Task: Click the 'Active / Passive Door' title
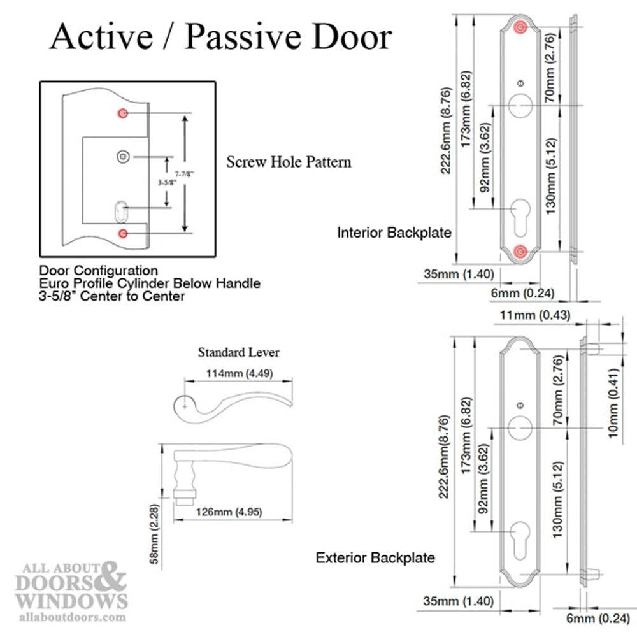point(220,38)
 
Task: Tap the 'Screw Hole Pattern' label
point(289,162)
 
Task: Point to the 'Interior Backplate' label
point(394,233)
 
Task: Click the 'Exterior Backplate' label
point(375,558)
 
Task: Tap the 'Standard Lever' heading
point(238,352)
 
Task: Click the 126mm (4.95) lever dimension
point(230,512)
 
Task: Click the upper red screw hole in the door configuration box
point(123,113)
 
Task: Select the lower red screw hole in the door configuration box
point(123,233)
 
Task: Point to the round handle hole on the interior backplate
point(521,105)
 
